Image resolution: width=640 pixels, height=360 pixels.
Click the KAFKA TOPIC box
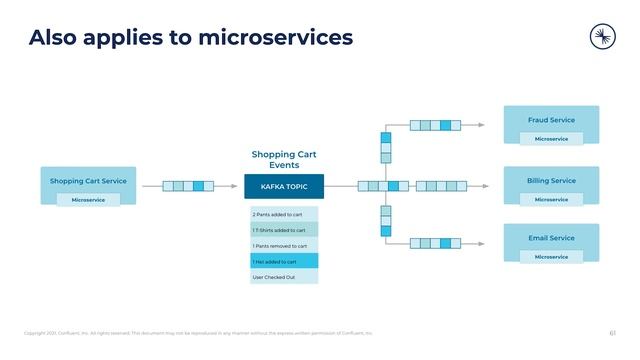point(284,186)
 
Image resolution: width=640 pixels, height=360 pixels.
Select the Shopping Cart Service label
point(88,181)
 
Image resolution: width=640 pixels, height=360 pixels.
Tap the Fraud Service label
point(551,120)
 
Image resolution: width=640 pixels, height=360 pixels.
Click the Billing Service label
point(551,181)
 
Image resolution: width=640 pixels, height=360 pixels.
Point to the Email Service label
point(551,238)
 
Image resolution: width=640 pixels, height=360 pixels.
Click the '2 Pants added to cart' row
point(284,214)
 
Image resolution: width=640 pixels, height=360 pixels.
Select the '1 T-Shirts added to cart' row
point(284,230)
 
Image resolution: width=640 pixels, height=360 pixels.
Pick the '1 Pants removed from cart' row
point(284,245)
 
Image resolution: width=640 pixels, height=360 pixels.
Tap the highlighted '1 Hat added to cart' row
point(284,261)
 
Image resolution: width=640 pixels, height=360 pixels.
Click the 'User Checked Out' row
point(284,277)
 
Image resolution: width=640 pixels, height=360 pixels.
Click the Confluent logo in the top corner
point(603,37)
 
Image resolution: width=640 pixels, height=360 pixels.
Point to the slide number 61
point(612,333)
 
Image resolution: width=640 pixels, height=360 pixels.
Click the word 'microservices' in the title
point(275,38)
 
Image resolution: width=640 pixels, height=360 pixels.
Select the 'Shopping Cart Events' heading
point(284,160)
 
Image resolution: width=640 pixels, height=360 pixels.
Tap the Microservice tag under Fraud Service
point(551,139)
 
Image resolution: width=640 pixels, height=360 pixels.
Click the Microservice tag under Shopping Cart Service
point(88,200)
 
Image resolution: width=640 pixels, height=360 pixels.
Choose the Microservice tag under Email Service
point(551,257)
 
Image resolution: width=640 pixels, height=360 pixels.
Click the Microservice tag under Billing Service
point(551,199)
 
